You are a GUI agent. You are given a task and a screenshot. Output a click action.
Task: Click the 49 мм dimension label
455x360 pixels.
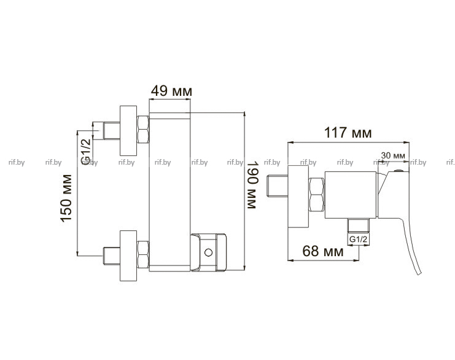pyautogui.click(x=171, y=91)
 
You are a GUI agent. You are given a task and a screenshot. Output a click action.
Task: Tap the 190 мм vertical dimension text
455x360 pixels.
pyautogui.click(x=252, y=185)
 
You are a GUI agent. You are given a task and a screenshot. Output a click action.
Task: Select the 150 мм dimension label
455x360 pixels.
pyautogui.click(x=66, y=198)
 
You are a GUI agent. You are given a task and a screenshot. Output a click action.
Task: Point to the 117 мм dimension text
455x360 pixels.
pyautogui.click(x=348, y=133)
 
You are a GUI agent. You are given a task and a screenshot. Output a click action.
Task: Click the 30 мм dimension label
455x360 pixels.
pyautogui.click(x=393, y=155)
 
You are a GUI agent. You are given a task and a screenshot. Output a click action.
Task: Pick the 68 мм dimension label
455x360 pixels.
pyautogui.click(x=323, y=251)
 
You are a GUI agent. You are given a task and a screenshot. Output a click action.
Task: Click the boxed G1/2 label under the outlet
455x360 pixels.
pyautogui.click(x=359, y=240)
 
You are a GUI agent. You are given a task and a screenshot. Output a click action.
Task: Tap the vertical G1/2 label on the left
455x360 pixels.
pyautogui.click(x=86, y=152)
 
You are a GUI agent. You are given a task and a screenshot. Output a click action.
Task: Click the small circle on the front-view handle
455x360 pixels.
pyautogui.click(x=208, y=252)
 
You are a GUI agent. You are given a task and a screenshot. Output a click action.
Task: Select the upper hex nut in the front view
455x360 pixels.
pyautogui.click(x=143, y=129)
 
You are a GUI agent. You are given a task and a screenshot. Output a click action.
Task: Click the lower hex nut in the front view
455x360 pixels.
pyautogui.click(x=143, y=254)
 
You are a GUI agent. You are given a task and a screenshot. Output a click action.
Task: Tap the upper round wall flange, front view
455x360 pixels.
pyautogui.click(x=128, y=131)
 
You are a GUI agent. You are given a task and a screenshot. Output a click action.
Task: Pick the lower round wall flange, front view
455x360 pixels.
pyautogui.click(x=128, y=256)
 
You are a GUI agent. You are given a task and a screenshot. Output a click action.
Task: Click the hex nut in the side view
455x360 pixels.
pyautogui.click(x=316, y=195)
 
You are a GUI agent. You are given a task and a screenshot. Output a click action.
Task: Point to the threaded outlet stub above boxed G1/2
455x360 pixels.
pyautogui.click(x=359, y=225)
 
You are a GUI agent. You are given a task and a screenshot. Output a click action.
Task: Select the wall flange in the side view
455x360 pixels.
pyautogui.click(x=298, y=197)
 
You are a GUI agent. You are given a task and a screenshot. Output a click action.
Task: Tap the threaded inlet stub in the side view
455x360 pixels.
pyautogui.click(x=277, y=186)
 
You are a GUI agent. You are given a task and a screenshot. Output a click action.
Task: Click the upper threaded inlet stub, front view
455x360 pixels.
pyautogui.click(x=112, y=131)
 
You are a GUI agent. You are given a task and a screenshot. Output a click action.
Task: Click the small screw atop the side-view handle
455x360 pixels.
pyautogui.click(x=399, y=171)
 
